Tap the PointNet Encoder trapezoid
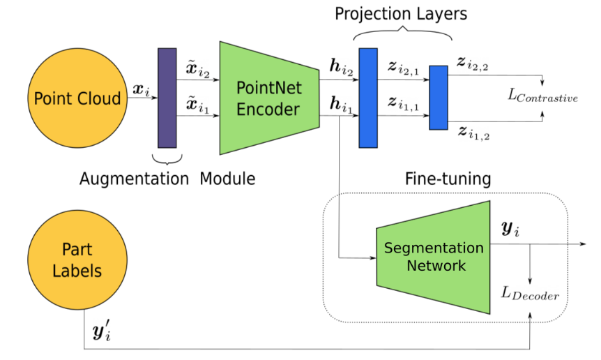click(269, 98)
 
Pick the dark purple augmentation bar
click(167, 98)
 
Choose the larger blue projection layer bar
click(367, 98)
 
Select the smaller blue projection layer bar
click(438, 98)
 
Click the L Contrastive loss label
click(542, 98)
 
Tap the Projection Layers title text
click(401, 14)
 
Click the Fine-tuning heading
click(448, 179)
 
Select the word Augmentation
click(134, 179)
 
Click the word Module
click(227, 179)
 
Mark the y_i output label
click(510, 228)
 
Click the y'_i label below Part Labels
click(102, 331)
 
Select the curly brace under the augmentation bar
click(167, 158)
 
